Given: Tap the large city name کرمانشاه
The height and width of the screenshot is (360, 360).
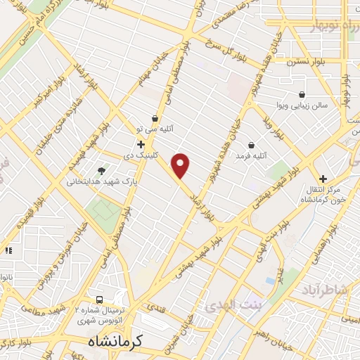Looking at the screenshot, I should (115, 341).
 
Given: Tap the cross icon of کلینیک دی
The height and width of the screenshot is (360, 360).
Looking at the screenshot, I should (141, 144).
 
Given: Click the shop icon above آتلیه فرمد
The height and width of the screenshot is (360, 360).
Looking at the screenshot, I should (251, 144).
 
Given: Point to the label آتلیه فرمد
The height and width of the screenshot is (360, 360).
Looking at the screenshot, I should (252, 155).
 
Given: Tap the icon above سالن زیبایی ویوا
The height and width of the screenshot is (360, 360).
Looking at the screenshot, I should (302, 94).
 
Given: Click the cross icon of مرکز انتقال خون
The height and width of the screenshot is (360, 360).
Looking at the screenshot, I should (323, 179).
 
